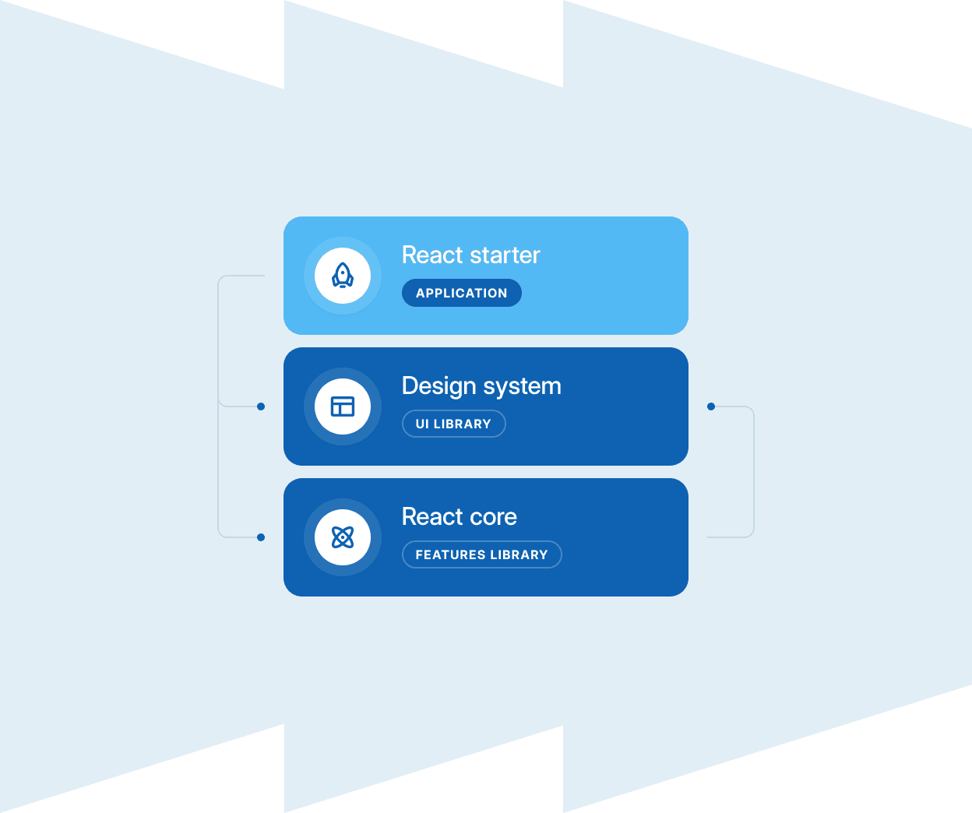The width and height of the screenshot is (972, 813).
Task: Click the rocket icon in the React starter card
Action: (343, 276)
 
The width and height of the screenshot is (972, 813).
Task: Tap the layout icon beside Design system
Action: (343, 406)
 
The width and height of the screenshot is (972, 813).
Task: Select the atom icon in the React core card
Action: (343, 537)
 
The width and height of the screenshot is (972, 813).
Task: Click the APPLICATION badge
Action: (462, 293)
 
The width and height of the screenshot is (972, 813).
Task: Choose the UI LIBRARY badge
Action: (453, 424)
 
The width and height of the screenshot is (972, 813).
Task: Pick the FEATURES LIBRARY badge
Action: (481, 554)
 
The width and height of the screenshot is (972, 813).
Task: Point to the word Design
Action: (436, 386)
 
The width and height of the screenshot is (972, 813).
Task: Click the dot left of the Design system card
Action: (261, 406)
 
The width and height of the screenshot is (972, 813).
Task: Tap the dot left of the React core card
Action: (261, 537)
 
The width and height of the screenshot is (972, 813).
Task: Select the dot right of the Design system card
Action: (711, 406)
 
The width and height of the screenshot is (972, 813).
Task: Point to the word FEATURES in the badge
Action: (450, 554)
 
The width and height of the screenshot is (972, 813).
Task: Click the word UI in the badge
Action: (422, 424)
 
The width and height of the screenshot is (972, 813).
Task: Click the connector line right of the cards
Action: (754, 472)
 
